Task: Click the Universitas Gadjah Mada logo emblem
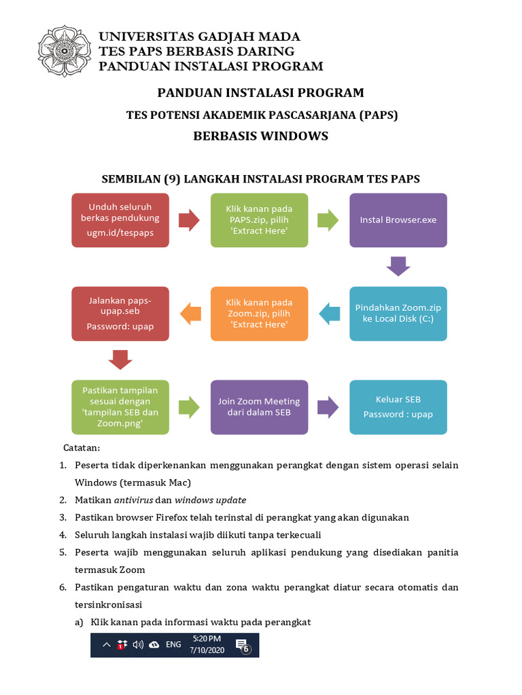pos(64,51)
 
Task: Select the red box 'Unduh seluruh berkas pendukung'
pos(120,220)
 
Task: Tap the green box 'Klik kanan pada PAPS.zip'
pos(259,220)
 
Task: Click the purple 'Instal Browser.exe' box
pos(398,220)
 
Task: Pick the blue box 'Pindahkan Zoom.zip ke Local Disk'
pos(398,314)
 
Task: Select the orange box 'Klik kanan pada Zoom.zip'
pos(259,314)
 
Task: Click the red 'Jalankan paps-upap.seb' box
pos(120,314)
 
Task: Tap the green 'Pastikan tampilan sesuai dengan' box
pos(120,407)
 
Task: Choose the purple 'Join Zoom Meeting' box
pos(259,407)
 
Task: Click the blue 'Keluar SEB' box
pos(398,407)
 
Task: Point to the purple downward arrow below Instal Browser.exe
pos(398,266)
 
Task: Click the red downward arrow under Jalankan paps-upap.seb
pos(120,359)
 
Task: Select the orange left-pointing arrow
pos(190,314)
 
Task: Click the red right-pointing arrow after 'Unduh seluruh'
pos(188,220)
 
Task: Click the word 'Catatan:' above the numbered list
pos(82,448)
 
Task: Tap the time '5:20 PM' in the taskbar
pos(207,639)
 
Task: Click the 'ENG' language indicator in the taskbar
pos(173,645)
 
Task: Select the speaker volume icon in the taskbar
pos(139,645)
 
